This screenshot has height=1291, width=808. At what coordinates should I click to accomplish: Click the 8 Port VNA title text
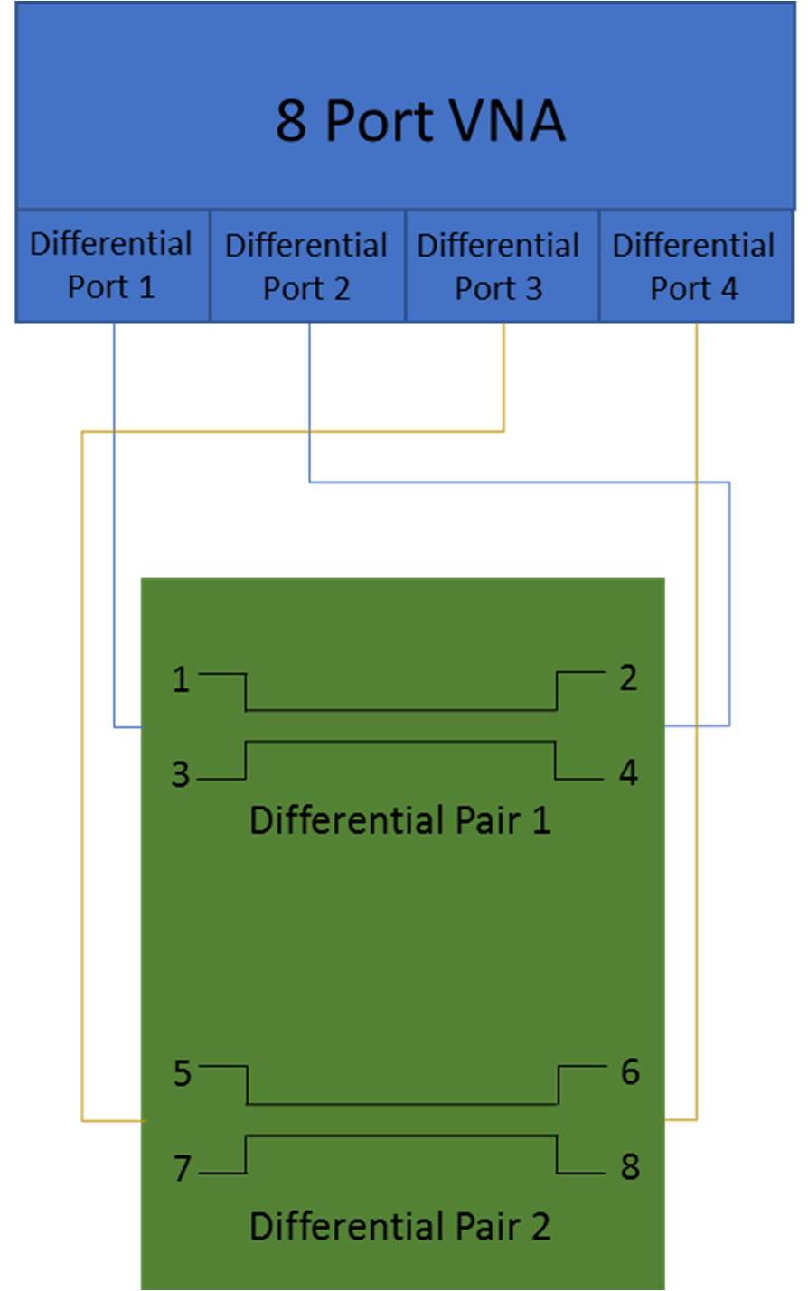(420, 120)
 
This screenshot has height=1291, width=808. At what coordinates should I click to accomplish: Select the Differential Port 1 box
(112, 266)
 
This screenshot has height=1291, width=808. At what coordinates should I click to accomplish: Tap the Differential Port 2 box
(306, 267)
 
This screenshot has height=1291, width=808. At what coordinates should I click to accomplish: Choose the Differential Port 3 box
(499, 267)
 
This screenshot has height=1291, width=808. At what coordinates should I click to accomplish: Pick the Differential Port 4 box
(694, 267)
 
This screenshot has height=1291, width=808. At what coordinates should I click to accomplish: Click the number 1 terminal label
(182, 679)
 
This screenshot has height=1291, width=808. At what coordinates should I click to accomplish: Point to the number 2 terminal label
(629, 678)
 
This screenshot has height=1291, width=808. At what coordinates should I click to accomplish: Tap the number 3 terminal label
(182, 774)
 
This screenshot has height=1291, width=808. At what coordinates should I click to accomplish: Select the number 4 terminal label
(629, 772)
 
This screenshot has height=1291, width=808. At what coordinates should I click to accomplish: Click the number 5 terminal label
(183, 1073)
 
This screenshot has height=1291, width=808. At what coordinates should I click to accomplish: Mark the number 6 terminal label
(630, 1071)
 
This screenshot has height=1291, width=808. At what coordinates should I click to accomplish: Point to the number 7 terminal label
(183, 1168)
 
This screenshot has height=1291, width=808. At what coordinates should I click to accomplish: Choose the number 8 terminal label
(630, 1166)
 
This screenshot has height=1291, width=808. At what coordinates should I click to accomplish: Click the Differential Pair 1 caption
(399, 820)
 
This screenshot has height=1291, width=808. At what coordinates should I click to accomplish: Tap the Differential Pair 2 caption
(399, 1226)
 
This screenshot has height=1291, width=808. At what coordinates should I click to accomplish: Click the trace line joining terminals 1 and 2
(401, 710)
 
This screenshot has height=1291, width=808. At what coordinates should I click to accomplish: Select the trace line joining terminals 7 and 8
(401, 1136)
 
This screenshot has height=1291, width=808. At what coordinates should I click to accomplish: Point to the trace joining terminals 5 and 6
(401, 1104)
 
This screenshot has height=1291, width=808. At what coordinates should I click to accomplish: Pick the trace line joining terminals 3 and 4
(401, 742)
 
